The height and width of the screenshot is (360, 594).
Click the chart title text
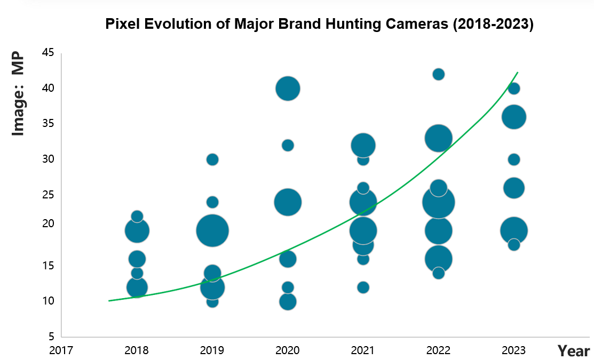click(x=319, y=25)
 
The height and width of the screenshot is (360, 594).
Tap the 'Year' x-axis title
click(x=573, y=350)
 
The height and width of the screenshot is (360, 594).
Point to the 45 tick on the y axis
click(x=48, y=53)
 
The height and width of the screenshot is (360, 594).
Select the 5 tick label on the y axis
click(x=51, y=337)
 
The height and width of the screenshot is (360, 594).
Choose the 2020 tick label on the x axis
click(x=288, y=350)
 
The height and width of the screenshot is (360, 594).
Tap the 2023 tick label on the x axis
click(x=514, y=350)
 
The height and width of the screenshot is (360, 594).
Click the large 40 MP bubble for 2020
click(x=288, y=89)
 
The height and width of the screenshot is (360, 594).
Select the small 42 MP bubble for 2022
click(x=438, y=74)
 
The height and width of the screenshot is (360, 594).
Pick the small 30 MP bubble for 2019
click(x=212, y=159)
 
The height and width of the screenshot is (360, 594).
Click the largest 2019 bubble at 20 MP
click(x=212, y=231)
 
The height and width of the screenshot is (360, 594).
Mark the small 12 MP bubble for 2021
click(x=363, y=287)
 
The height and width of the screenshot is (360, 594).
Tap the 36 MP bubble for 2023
click(x=514, y=117)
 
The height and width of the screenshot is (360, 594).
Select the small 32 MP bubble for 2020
click(x=288, y=145)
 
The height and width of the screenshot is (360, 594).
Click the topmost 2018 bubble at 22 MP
click(x=137, y=216)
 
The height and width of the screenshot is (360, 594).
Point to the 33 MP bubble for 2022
click(x=438, y=138)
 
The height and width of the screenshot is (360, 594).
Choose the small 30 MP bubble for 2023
click(x=514, y=159)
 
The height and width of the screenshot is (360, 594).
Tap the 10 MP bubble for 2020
click(x=288, y=302)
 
